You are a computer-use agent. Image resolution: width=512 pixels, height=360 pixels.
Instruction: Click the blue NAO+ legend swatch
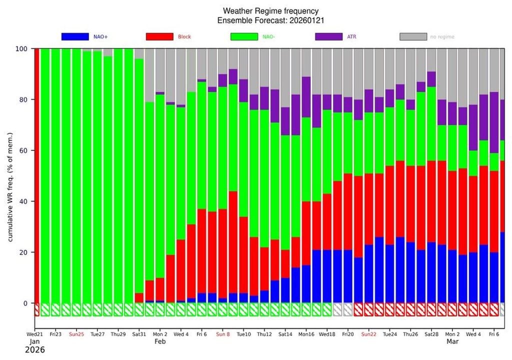click(x=74, y=36)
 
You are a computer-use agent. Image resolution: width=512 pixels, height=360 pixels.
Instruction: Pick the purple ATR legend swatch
click(x=328, y=36)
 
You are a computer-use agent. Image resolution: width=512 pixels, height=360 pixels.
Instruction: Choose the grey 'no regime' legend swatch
click(x=413, y=36)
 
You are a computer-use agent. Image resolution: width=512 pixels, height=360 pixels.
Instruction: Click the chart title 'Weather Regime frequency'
click(x=270, y=11)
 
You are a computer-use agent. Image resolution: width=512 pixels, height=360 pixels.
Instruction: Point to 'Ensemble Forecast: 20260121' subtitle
click(x=270, y=20)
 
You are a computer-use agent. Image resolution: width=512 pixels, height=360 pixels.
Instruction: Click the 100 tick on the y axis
click(x=22, y=49)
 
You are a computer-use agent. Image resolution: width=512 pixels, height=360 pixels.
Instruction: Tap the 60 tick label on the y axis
click(x=24, y=150)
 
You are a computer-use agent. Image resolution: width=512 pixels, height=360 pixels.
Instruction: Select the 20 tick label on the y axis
click(x=24, y=252)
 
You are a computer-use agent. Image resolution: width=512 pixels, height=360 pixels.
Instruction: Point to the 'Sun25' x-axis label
click(x=76, y=334)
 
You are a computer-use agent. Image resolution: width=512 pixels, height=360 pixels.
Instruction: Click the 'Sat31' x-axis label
click(x=139, y=334)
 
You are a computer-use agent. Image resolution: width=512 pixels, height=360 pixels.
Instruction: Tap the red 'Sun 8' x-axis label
click(x=222, y=334)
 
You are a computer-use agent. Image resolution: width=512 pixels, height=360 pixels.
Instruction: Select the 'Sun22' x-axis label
click(x=369, y=334)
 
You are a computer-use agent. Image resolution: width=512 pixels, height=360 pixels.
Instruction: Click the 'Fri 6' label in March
click(x=494, y=334)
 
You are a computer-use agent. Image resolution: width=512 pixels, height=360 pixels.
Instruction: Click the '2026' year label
click(x=34, y=350)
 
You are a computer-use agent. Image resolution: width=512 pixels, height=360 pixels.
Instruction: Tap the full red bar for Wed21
click(x=36, y=175)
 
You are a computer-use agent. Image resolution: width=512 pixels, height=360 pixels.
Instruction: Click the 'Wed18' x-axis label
click(x=326, y=334)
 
